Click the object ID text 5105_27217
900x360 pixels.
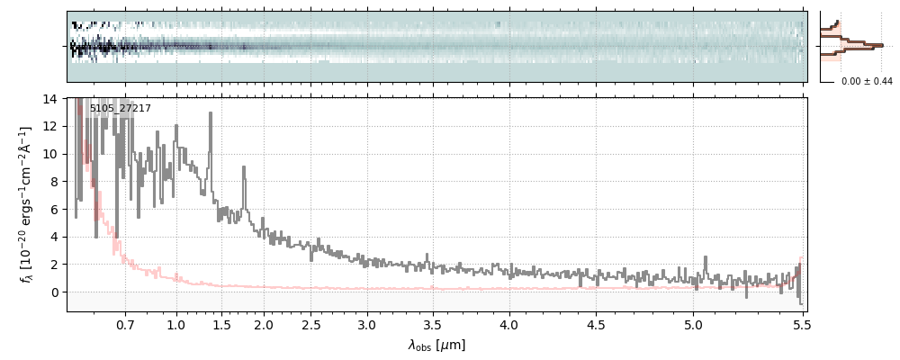tap(120, 109)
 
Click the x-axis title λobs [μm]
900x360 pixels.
tap(436, 346)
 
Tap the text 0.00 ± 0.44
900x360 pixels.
tap(867, 82)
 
